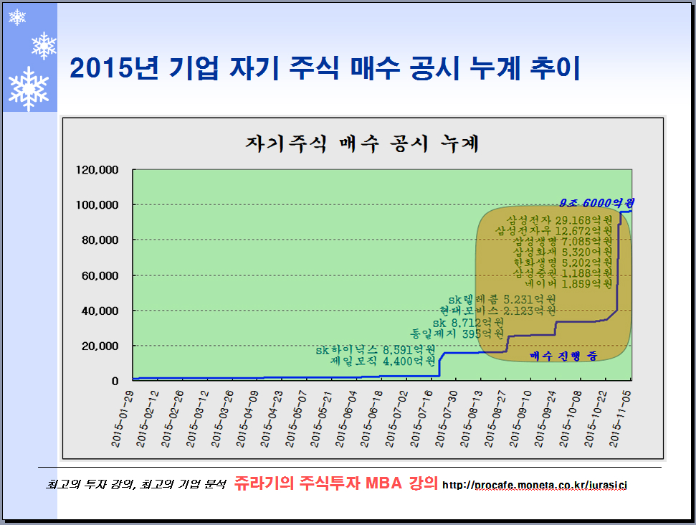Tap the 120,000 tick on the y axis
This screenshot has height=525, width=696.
103,170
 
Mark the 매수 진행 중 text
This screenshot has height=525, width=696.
563,355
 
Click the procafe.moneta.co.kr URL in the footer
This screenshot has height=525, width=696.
535,486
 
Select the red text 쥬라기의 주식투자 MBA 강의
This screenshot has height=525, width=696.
335,483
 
